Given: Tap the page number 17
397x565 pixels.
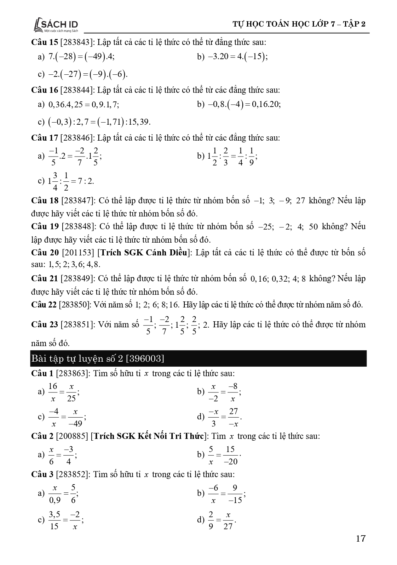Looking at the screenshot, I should click(360, 539).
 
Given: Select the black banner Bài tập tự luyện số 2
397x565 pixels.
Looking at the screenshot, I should click(198, 358).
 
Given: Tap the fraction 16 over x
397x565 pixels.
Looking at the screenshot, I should click(53, 392).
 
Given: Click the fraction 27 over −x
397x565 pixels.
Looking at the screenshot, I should click(234, 417).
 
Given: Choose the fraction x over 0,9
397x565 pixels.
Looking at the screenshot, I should click(55, 493).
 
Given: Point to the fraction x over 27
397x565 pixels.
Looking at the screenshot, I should click(228, 520).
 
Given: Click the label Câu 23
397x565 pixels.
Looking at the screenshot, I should click(45, 324).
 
